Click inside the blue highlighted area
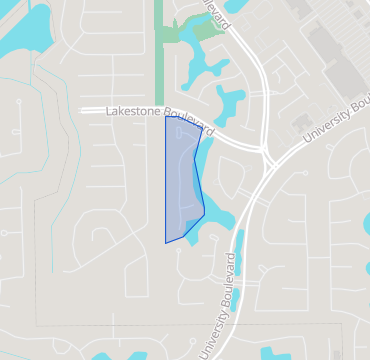(x=182, y=180)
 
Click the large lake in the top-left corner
(x=20, y=30)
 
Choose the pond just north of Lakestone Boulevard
(x=229, y=103)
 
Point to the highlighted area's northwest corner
(x=166, y=118)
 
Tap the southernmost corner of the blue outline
(x=166, y=243)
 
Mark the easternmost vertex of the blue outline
(x=205, y=213)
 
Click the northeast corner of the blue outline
(x=203, y=128)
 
